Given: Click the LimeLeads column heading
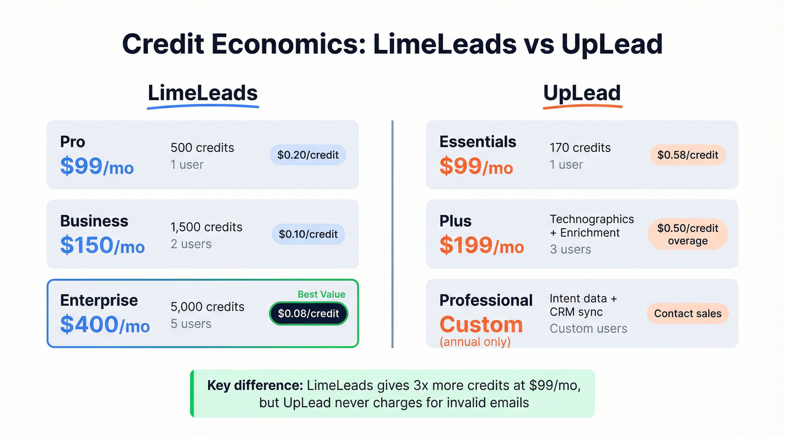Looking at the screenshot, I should tap(202, 93).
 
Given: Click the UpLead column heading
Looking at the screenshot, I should tap(582, 93).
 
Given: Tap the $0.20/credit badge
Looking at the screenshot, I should tap(308, 155).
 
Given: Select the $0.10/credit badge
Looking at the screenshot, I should tap(308, 234).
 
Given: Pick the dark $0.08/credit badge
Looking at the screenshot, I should tap(308, 313).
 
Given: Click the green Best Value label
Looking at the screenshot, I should tap(321, 294).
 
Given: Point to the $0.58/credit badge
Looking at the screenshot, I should tap(688, 155).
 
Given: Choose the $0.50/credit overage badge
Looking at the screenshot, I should tap(687, 234).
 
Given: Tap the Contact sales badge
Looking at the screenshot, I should tap(687, 313).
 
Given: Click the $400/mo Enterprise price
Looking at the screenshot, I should tap(105, 325).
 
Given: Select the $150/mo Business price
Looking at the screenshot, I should tap(103, 246).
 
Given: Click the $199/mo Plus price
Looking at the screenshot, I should tap(482, 246).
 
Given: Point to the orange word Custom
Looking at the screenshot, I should tap(481, 325).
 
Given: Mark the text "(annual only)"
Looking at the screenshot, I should tap(475, 342).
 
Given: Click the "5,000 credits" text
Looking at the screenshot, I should tap(207, 307).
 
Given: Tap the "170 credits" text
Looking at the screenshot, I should tap(580, 148).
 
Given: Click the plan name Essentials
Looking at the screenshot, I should tap(478, 142).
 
